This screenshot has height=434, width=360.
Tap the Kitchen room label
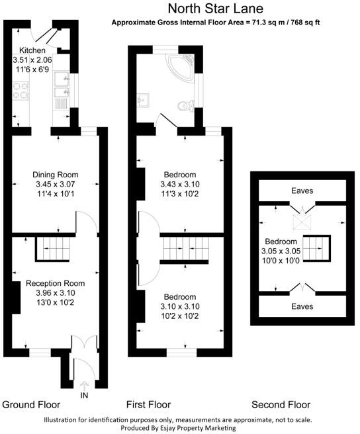pyautogui.click(x=32, y=50)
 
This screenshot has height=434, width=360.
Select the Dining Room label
pyautogui.click(x=56, y=175)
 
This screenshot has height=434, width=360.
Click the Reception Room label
pyautogui.click(x=56, y=283)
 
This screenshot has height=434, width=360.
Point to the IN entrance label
pyautogui.click(x=83, y=395)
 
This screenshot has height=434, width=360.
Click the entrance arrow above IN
pyautogui.click(x=83, y=384)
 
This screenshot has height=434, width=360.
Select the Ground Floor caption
pyautogui.click(x=31, y=405)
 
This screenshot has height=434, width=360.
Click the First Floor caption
pyautogui.click(x=148, y=405)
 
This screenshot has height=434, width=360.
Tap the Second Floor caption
pyautogui.click(x=281, y=405)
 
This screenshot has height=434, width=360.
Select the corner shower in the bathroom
pyautogui.click(x=187, y=65)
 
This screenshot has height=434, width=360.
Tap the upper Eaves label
pyautogui.click(x=302, y=191)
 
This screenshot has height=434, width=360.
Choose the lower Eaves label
pyautogui.click(x=302, y=307)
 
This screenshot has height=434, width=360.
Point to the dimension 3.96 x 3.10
pyautogui.click(x=56, y=292)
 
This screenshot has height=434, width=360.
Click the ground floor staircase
pyautogui.click(x=53, y=248)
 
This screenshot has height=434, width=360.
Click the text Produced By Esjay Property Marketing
pyautogui.click(x=179, y=428)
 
